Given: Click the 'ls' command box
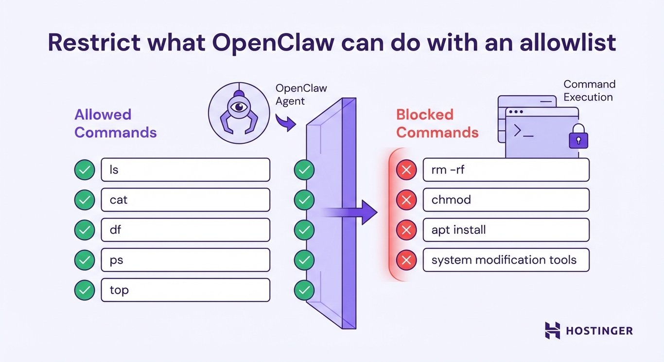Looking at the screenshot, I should click(x=185, y=170).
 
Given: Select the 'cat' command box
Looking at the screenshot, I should click(x=185, y=200).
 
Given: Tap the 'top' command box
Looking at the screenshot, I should click(x=185, y=290).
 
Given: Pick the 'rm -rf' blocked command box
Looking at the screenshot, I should click(x=506, y=170).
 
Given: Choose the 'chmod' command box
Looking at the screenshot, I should click(x=506, y=200).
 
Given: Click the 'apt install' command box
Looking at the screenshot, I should click(x=506, y=230).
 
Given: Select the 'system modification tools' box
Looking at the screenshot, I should click(x=506, y=260).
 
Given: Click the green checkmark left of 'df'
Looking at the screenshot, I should click(x=85, y=230).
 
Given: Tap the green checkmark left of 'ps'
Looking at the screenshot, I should click(x=85, y=260).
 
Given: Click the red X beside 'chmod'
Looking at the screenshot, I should click(x=406, y=200).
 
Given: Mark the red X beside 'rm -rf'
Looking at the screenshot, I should click(x=406, y=170).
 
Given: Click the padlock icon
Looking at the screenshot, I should click(x=578, y=138).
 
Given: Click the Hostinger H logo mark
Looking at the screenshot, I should click(x=552, y=330).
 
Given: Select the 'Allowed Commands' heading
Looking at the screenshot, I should click(x=115, y=123).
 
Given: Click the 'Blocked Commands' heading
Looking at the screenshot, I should click(x=437, y=123).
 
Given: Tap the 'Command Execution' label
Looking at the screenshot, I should click(x=589, y=91).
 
